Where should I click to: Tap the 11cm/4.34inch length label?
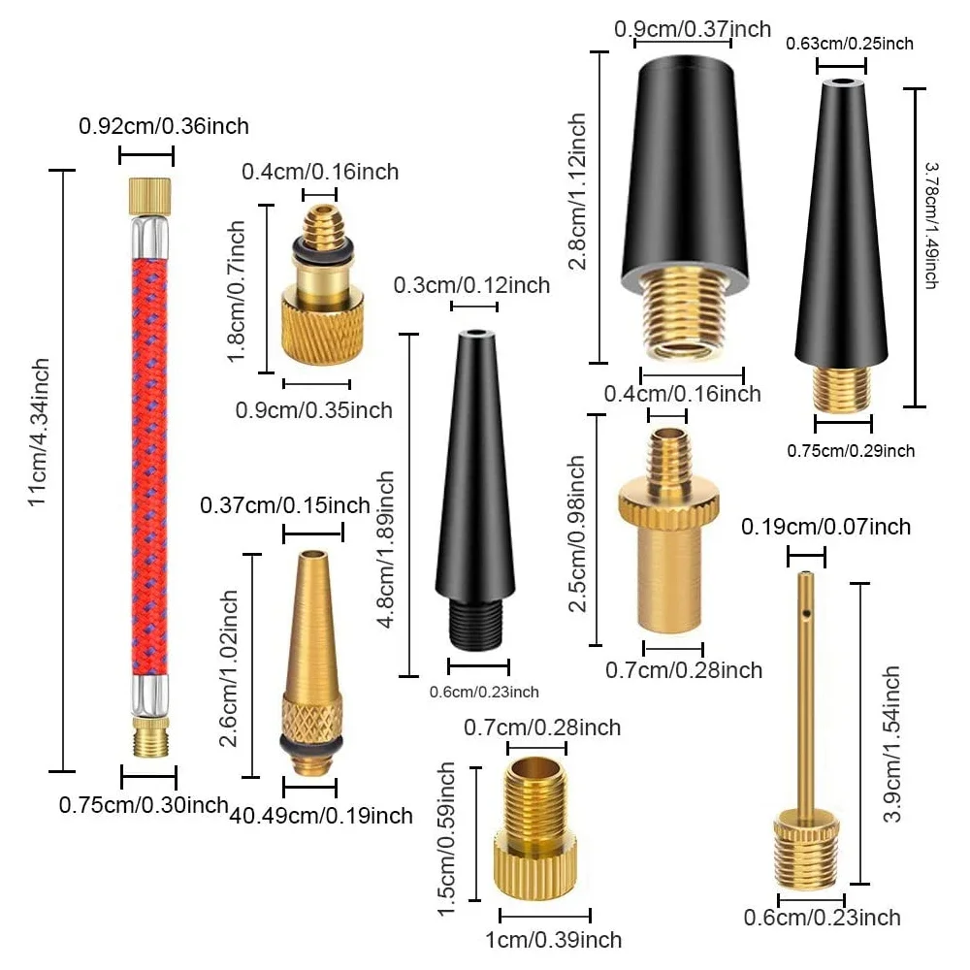tap(38, 432)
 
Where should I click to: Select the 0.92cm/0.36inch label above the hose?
tap(163, 126)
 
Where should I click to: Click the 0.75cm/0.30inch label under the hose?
tap(143, 804)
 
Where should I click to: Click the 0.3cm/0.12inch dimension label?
tap(471, 285)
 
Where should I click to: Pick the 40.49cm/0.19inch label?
tap(321, 816)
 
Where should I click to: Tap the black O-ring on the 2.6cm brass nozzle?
tap(308, 742)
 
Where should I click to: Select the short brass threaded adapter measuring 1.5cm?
tap(538, 834)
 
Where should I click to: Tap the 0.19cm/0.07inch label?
tap(825, 527)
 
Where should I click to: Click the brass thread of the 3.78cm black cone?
tap(842, 388)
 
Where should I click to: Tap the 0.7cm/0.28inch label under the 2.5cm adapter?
tap(684, 670)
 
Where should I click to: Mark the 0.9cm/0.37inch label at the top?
tap(692, 29)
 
